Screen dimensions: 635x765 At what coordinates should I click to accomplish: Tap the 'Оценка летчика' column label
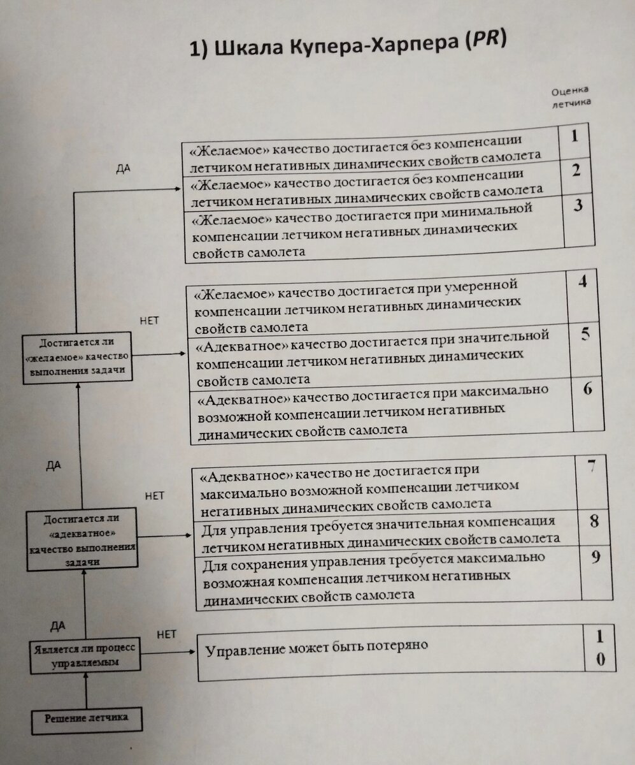(571, 96)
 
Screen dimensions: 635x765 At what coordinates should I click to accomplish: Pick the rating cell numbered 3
(578, 208)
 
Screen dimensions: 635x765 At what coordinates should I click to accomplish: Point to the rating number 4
(581, 282)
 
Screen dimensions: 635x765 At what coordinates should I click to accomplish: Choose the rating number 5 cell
(585, 334)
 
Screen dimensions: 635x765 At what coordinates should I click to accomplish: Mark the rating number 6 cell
(587, 389)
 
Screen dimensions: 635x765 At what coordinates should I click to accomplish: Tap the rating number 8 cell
(594, 521)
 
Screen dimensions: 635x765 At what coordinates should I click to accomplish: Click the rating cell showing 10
(600, 647)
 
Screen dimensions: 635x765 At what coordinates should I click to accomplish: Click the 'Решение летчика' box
(87, 718)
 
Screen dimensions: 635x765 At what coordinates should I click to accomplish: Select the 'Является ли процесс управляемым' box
(85, 655)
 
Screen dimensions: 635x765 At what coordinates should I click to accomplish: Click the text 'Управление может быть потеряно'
(316, 645)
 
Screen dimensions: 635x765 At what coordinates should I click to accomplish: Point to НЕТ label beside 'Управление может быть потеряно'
(166, 634)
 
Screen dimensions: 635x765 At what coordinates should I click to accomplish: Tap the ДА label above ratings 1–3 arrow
(124, 169)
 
